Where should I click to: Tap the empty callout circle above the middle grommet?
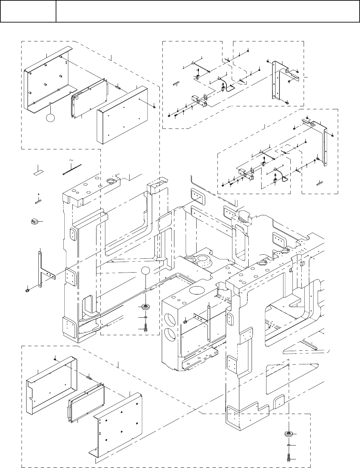146,271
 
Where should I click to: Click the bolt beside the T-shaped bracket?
27,290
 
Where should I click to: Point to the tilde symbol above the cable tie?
72,161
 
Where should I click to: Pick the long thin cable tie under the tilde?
72,169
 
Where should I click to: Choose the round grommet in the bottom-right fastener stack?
288,434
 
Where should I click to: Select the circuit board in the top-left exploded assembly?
90,98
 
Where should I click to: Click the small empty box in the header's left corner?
28,11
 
